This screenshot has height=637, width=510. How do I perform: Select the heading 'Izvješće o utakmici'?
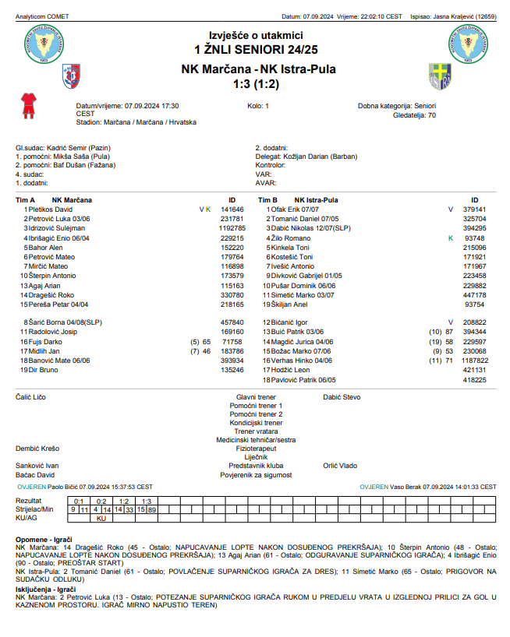click(x=254, y=34)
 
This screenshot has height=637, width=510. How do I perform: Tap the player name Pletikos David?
click(x=50, y=209)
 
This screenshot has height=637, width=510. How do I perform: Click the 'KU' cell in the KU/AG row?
click(x=100, y=518)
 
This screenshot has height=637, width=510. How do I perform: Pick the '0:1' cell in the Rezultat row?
click(x=78, y=501)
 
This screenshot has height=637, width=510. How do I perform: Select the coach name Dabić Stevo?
click(x=342, y=397)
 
